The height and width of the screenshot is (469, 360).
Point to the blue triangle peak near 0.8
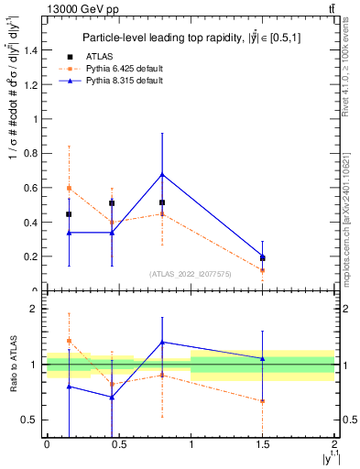coord(162,174)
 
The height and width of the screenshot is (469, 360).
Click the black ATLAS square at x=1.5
coord(263,258)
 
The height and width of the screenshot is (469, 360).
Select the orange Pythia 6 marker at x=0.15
coord(69,188)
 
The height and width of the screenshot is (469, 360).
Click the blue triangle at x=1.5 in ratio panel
coord(263,358)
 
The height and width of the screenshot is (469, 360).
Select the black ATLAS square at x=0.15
coord(69,214)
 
